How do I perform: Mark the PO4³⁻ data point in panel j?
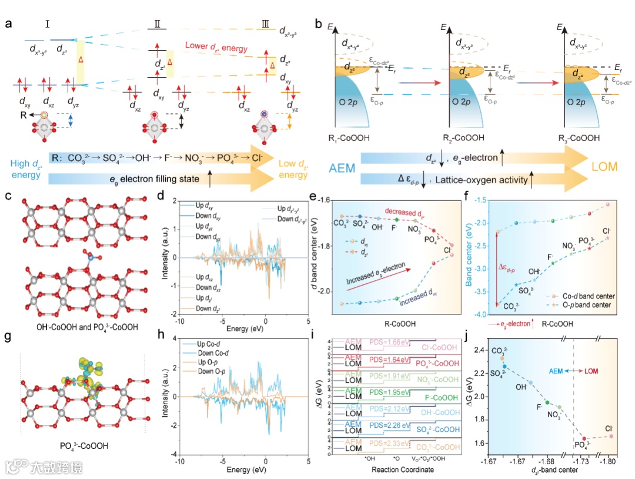click(x=584, y=438)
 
